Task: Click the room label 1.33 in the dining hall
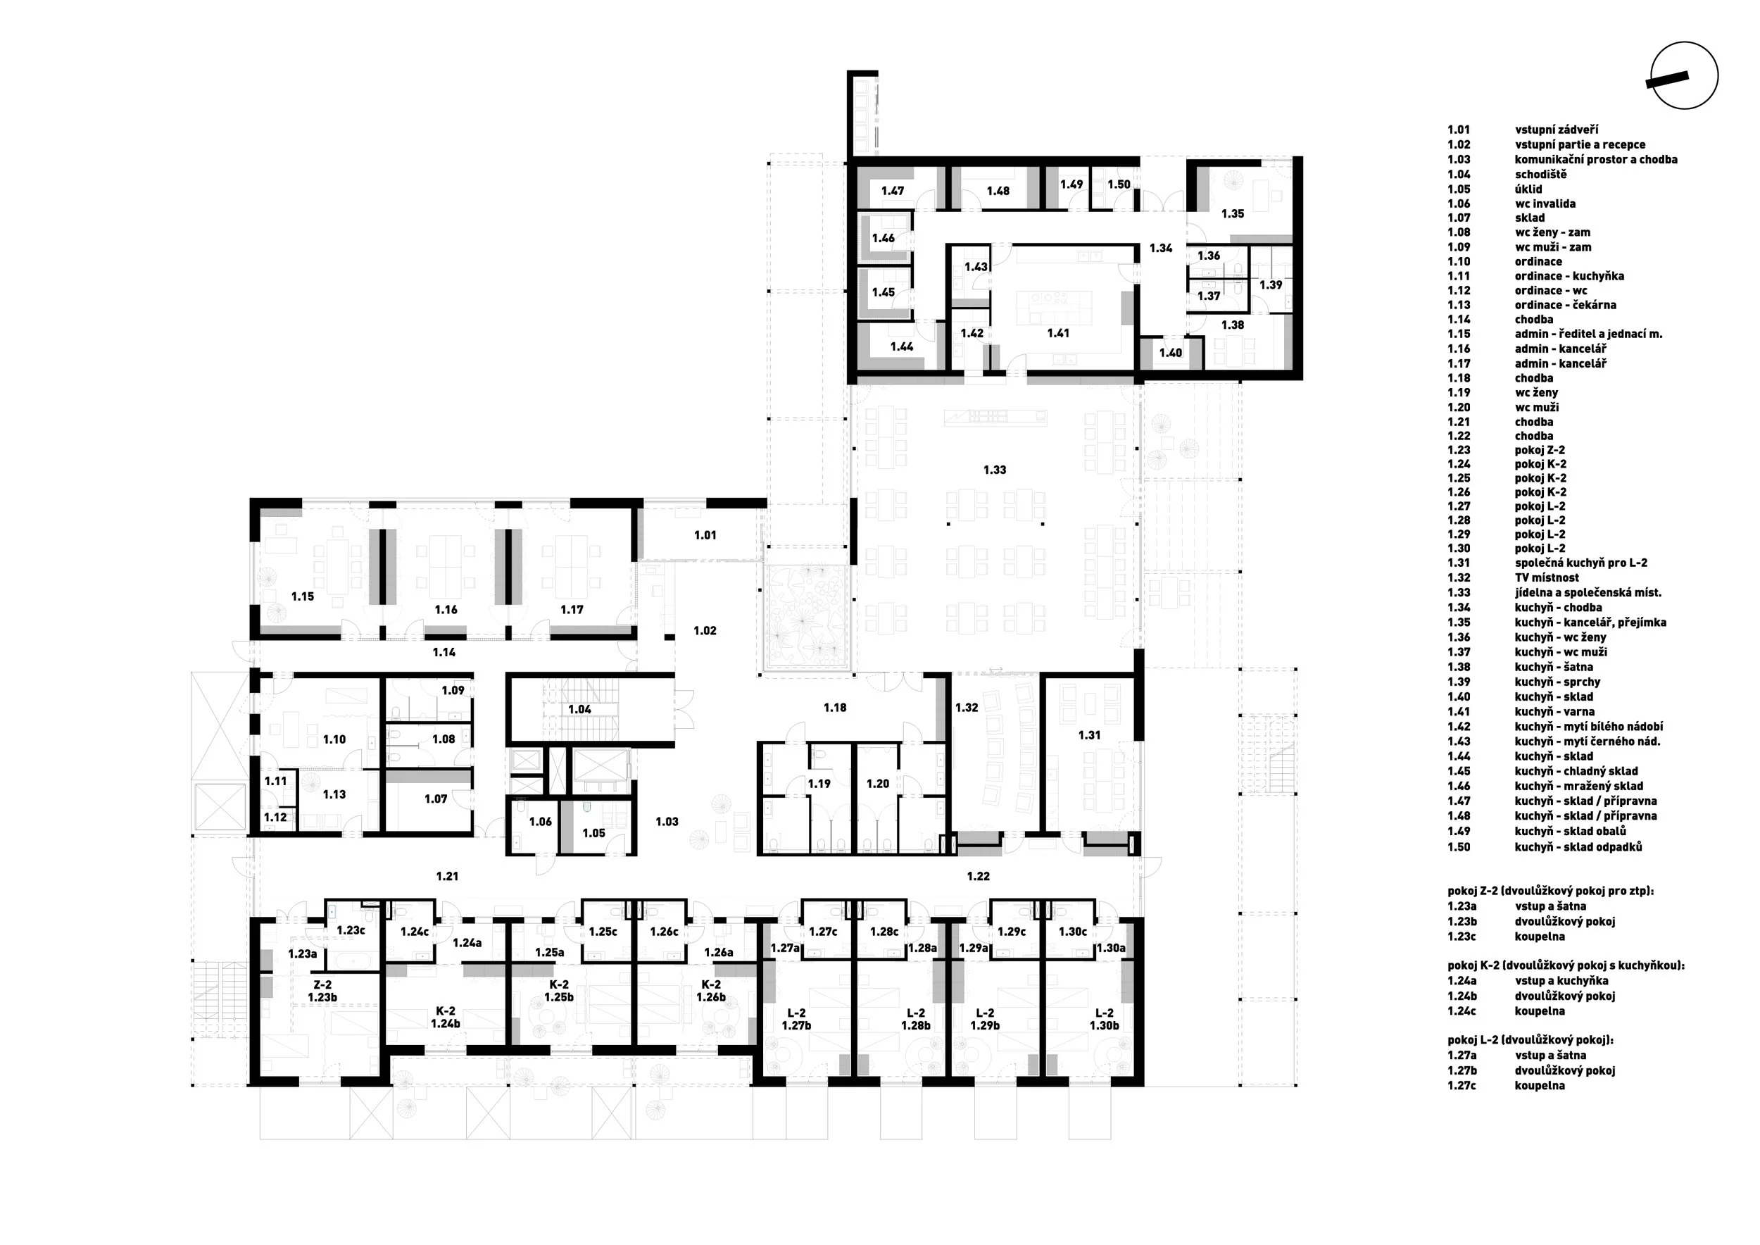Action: [994, 470]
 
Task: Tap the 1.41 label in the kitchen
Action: [1058, 334]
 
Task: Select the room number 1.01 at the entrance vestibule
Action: [705, 535]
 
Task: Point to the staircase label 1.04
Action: [579, 709]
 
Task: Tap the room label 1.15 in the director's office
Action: [303, 596]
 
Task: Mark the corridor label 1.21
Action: [447, 875]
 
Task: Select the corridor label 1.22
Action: [978, 875]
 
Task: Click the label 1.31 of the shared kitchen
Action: [1089, 735]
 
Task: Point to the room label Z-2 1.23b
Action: [322, 991]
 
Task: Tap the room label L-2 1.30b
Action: [1104, 1019]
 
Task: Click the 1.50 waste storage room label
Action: [1119, 184]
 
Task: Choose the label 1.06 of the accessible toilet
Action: [541, 822]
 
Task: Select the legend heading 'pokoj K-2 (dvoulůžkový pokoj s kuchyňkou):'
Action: [1566, 966]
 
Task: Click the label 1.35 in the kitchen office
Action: [1233, 214]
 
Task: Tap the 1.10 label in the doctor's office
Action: [334, 740]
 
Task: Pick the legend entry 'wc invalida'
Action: [1545, 204]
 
